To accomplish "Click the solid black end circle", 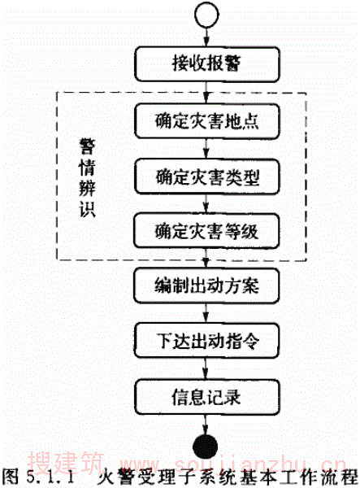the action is (x=205, y=447).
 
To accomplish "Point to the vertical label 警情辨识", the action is (x=87, y=177).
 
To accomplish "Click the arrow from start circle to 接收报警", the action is (x=206, y=37).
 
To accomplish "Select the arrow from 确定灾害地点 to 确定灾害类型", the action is (x=206, y=149).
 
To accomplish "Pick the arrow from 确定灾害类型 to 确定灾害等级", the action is (x=206, y=204).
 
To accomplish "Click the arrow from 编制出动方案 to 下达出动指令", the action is (x=206, y=313).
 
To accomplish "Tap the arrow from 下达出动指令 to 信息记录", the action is (x=206, y=368).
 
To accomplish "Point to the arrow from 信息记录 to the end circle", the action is (x=206, y=425).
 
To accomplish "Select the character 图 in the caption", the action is (x=11, y=477).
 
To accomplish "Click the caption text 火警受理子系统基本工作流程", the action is (x=227, y=477).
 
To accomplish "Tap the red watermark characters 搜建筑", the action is (x=65, y=462).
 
